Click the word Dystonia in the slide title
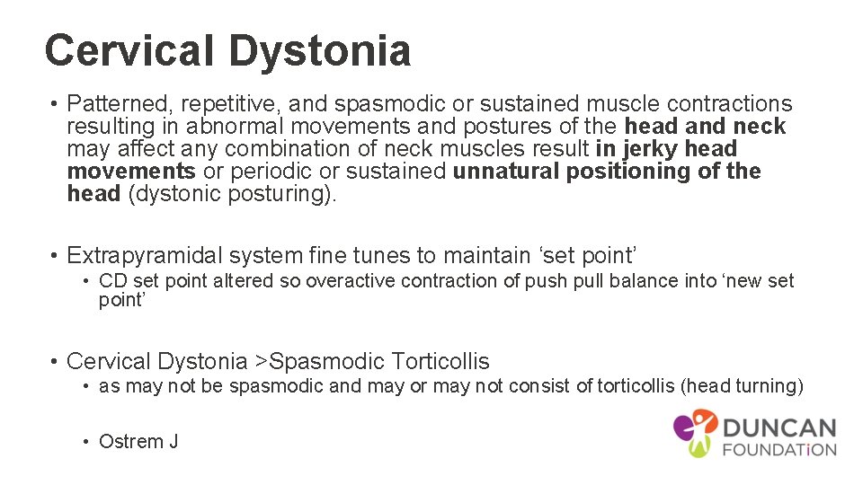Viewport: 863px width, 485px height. [321, 51]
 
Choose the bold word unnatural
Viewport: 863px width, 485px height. [506, 172]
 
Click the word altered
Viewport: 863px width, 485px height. [242, 281]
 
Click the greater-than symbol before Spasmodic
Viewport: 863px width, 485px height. [261, 362]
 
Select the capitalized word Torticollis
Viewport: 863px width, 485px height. [440, 362]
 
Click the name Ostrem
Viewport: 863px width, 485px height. [129, 442]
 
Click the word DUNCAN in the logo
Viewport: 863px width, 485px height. [778, 428]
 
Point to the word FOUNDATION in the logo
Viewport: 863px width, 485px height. [778, 449]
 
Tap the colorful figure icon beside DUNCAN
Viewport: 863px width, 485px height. [695, 432]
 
